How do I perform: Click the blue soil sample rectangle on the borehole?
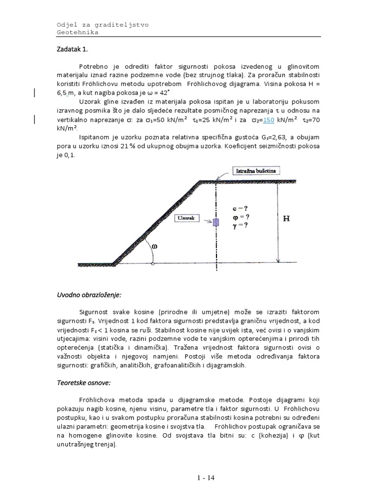pyautogui.click(x=215, y=222)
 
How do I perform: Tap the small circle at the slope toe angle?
pyautogui.click(x=153, y=264)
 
